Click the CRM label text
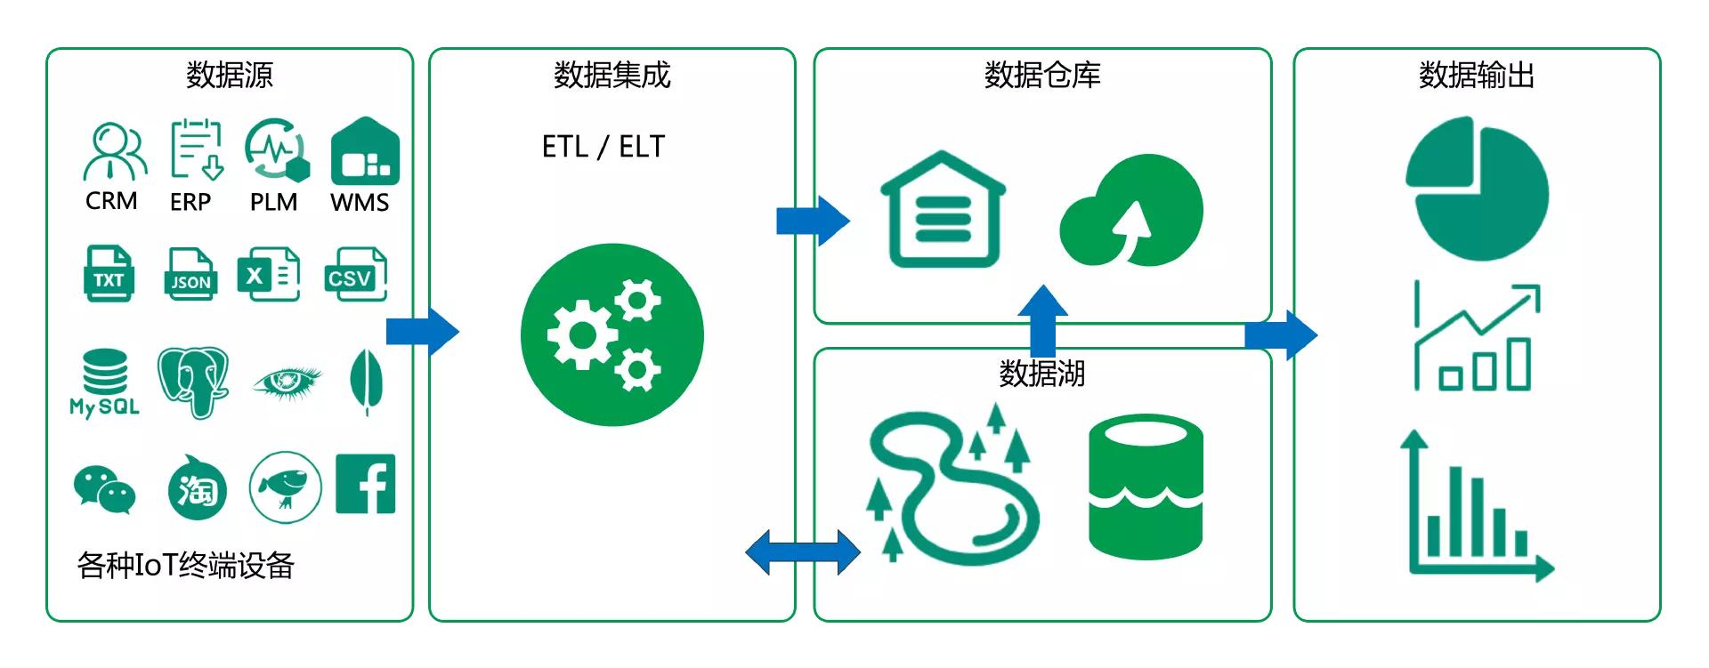pyautogui.click(x=111, y=201)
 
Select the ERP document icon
pyautogui.click(x=195, y=149)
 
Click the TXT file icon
pyautogui.click(x=109, y=274)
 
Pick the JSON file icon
pyautogui.click(x=190, y=274)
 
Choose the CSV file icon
pyautogui.click(x=354, y=274)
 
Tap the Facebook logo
pyautogui.click(x=365, y=485)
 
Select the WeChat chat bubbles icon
pyautogui.click(x=104, y=489)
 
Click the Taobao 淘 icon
pyautogui.click(x=197, y=487)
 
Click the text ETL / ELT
pyautogui.click(x=603, y=147)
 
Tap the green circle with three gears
pyautogui.click(x=612, y=335)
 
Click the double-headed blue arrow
pyautogui.click(x=803, y=552)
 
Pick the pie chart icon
pyautogui.click(x=1477, y=188)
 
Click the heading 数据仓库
pyautogui.click(x=1041, y=76)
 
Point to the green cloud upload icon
pyautogui.click(x=1130, y=212)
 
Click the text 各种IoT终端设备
pyautogui.click(x=185, y=566)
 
